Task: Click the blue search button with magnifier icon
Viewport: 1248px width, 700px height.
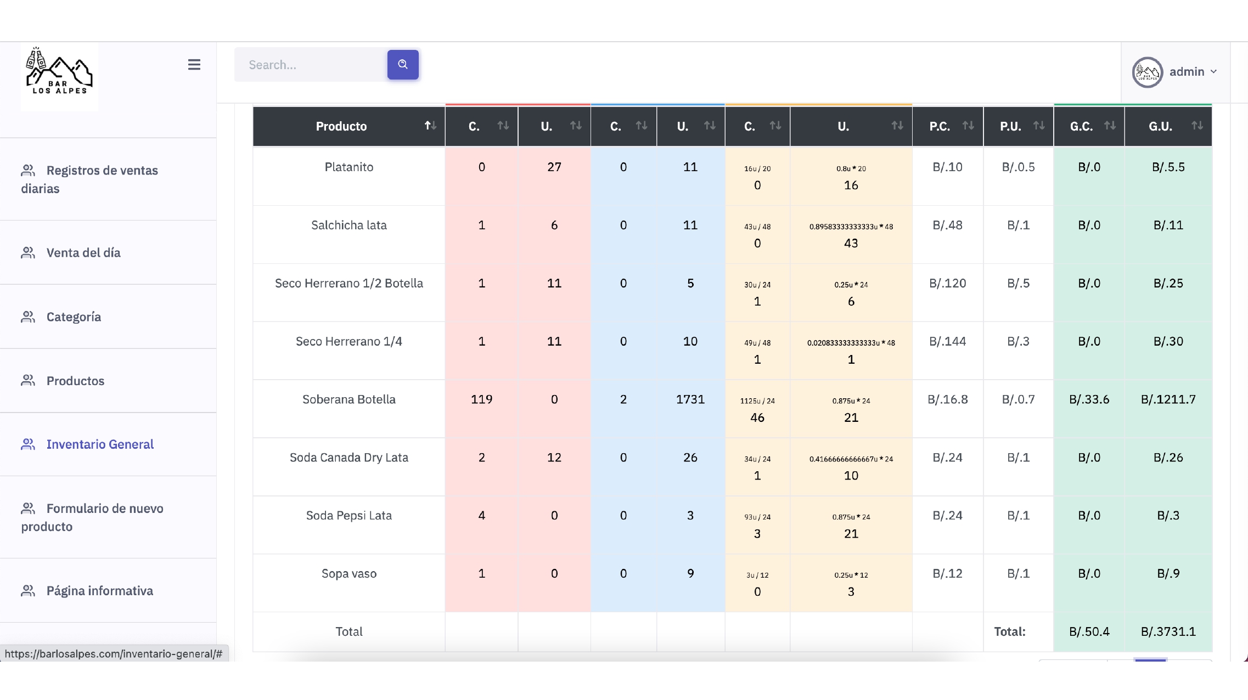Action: pos(403,65)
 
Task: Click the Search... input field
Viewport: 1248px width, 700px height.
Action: pos(311,65)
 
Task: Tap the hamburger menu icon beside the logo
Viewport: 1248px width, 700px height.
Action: pos(194,65)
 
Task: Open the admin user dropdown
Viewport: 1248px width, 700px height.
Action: pos(1175,72)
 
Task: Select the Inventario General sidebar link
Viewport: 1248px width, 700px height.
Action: pos(100,444)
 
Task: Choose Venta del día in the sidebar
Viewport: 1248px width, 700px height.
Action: pos(83,253)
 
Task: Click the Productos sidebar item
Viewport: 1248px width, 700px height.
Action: pos(75,381)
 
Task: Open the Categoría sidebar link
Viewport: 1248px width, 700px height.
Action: pos(74,317)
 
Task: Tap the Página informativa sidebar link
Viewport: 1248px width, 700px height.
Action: pos(99,591)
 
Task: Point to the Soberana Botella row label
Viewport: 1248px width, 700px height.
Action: pos(349,399)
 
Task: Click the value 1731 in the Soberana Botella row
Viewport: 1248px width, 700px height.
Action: pos(690,399)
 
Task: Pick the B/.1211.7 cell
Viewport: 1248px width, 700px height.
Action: pos(1168,399)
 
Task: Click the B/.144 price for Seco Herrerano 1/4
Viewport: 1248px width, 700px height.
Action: pos(948,341)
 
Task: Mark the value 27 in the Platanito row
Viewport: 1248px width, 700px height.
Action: pos(554,167)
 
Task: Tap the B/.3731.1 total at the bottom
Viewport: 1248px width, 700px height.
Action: pos(1168,631)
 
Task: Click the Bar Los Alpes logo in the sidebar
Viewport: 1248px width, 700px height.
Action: pos(60,71)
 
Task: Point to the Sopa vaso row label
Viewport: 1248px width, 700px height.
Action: pos(349,574)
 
